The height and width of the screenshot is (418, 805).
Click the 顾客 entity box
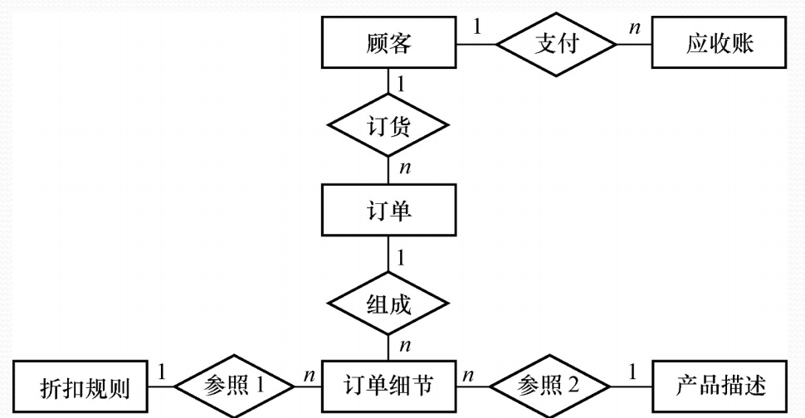388,44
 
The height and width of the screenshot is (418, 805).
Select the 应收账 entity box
720,44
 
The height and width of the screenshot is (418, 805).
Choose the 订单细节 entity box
388,386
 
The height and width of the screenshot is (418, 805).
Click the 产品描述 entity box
720,386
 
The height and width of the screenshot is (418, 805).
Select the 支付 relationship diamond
555,44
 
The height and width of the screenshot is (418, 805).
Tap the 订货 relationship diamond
388,128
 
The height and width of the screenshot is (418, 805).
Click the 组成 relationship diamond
388,304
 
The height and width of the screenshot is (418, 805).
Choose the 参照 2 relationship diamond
549,386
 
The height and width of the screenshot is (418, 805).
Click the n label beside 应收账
634,28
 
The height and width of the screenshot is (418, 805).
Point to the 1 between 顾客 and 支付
477,27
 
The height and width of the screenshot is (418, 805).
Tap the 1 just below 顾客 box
401,83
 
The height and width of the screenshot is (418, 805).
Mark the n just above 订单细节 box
404,344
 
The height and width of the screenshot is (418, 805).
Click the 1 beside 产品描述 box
632,372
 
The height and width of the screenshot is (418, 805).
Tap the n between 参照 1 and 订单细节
309,376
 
